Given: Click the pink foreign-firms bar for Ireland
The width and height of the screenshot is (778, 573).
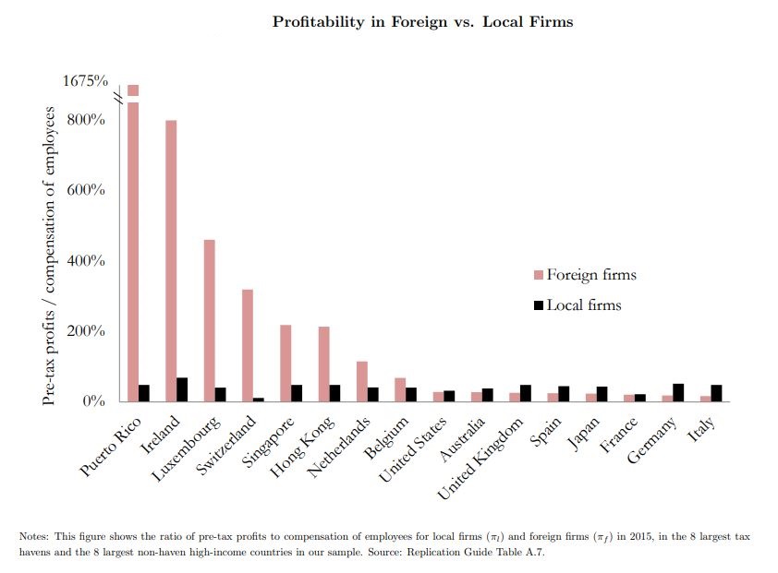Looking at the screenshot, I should click(x=171, y=261).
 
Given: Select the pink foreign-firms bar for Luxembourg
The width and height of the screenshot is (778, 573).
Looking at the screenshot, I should click(x=210, y=320).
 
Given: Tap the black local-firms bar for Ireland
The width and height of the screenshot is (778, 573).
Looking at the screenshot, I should click(x=182, y=389).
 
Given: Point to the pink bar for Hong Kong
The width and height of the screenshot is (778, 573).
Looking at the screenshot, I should click(x=323, y=364).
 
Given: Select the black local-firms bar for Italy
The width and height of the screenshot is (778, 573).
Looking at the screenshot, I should click(x=716, y=393).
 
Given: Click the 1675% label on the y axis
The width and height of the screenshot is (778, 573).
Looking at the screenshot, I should click(x=85, y=81).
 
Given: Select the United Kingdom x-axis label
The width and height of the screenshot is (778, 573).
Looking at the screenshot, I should click(x=481, y=455).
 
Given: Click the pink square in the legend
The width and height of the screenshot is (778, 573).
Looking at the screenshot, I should click(x=539, y=276).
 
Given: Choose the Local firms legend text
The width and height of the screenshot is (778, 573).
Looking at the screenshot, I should click(x=583, y=305).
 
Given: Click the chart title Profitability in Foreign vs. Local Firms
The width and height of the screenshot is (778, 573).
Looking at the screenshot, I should click(x=422, y=21).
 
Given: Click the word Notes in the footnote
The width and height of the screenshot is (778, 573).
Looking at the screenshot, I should click(x=34, y=536).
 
